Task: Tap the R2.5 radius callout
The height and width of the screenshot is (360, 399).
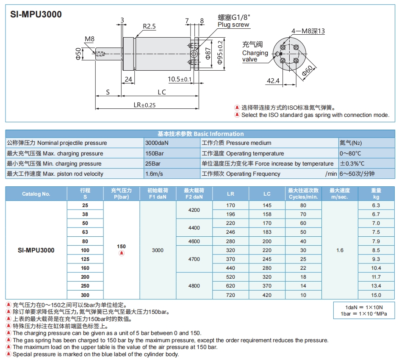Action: tap(149, 26)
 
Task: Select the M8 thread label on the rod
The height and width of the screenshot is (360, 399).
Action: tap(89, 39)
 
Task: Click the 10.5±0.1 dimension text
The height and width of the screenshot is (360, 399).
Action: tap(180, 79)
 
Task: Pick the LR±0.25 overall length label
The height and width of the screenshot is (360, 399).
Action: tap(144, 105)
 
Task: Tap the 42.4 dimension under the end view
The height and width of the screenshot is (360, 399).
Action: tap(273, 80)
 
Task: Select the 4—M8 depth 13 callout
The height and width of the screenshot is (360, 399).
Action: tap(308, 31)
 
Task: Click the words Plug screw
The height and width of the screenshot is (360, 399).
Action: tap(234, 25)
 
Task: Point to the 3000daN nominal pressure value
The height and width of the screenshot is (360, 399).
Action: tap(157, 143)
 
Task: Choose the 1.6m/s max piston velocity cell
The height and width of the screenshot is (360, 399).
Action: tap(154, 174)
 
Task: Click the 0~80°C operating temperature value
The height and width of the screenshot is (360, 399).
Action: tap(352, 153)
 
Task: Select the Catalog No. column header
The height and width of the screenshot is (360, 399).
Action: tap(36, 194)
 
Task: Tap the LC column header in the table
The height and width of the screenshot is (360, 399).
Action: tap(267, 194)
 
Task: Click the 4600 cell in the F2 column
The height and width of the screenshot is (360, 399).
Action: tap(194, 241)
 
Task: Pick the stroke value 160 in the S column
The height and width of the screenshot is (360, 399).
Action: tap(85, 268)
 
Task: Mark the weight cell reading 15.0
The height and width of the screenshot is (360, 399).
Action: tap(376, 295)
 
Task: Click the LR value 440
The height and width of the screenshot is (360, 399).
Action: tap(230, 268)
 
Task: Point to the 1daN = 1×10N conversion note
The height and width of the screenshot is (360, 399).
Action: tap(364, 307)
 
